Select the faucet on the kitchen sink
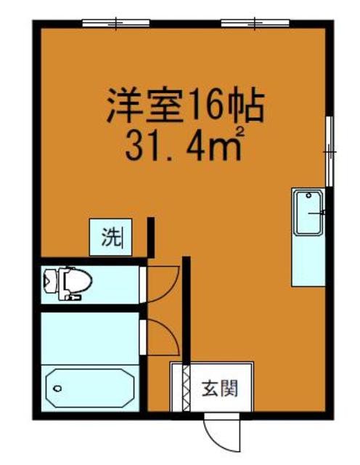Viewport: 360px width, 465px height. [x=319, y=211]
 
